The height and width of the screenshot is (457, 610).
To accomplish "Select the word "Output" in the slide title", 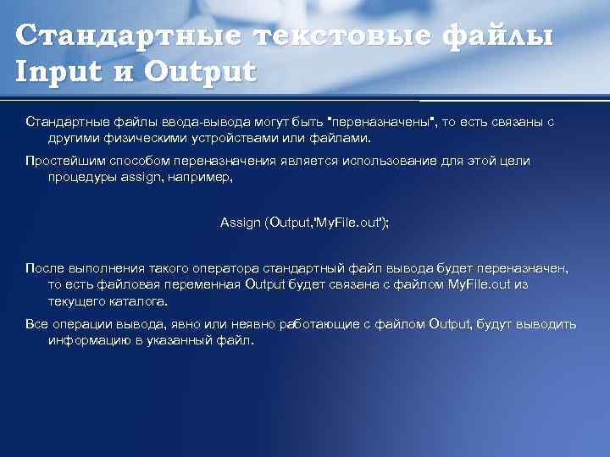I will [199, 71].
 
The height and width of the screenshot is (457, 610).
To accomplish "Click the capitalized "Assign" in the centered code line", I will [240, 223].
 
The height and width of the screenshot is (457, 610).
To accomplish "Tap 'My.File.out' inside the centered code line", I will [350, 223].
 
